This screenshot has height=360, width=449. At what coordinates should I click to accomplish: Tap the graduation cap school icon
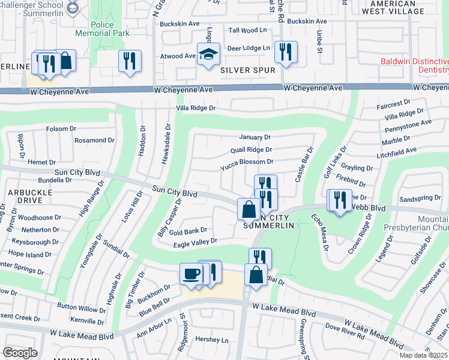coord(208,55)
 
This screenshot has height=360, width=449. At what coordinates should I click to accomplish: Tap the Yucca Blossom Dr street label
coord(247,162)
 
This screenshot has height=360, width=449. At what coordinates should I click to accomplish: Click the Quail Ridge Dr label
coord(251,150)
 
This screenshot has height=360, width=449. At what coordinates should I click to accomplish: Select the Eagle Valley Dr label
coord(194,241)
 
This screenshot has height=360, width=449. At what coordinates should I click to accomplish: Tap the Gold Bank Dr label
coord(188,230)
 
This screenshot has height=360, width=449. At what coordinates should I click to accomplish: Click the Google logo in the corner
coord(20,353)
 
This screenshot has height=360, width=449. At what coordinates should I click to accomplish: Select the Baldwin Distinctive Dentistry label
coord(414,66)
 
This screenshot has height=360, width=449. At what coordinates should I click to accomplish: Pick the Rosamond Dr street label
coord(94,140)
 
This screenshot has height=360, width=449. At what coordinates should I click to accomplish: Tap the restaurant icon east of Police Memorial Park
coord(129,61)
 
